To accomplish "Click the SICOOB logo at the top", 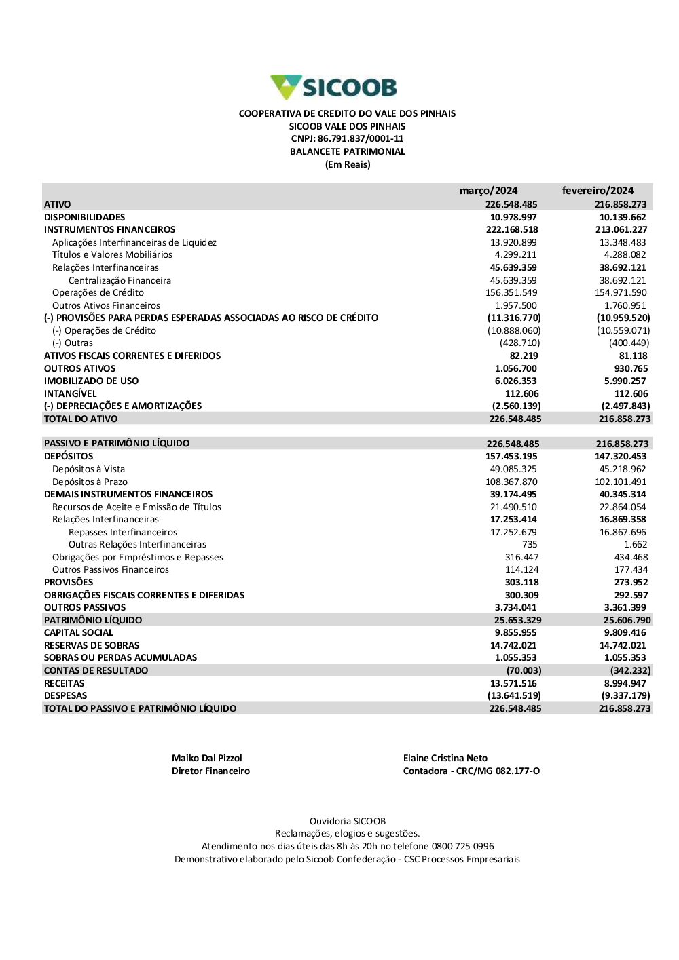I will (x=333, y=88).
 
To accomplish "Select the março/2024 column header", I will (x=488, y=191).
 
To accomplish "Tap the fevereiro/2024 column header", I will (x=598, y=191).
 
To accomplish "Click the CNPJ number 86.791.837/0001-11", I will (x=361, y=139).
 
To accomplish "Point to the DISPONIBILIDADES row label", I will (x=85, y=217).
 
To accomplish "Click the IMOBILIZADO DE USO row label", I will (x=91, y=381).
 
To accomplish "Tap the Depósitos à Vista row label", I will (x=88, y=469).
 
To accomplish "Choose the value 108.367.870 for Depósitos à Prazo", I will (x=511, y=482).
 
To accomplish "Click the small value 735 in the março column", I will (x=530, y=545).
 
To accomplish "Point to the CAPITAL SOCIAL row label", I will (x=79, y=633).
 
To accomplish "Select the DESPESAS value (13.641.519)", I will (x=514, y=696).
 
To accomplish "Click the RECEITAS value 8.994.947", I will (x=625, y=684).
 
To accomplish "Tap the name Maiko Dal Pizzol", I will (x=206, y=759).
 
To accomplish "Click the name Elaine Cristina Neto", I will (x=445, y=759).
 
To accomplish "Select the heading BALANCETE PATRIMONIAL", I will (x=347, y=152).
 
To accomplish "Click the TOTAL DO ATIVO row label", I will (x=81, y=419).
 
